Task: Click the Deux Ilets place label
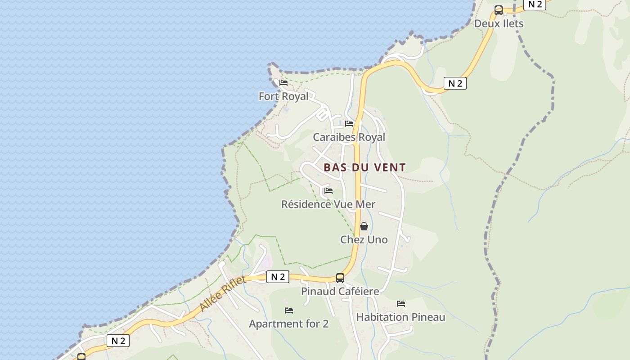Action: (499, 23)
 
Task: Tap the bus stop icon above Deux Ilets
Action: (498, 10)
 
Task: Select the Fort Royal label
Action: (283, 96)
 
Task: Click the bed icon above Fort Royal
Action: (283, 83)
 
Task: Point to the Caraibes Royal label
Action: (349, 137)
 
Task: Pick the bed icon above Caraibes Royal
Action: (349, 124)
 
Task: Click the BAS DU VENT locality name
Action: (364, 167)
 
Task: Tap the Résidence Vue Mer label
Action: (328, 204)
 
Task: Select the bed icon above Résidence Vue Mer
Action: (328, 191)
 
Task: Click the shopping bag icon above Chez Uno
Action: (364, 226)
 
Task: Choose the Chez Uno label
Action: (364, 239)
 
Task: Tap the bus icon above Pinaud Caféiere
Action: (340, 278)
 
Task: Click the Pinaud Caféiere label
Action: (340, 291)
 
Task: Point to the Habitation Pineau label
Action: (400, 317)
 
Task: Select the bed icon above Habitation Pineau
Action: (401, 304)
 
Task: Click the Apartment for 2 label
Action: (288, 324)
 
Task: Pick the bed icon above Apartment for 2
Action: (289, 310)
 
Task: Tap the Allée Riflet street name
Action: (222, 294)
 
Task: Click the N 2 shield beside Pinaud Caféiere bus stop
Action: (278, 277)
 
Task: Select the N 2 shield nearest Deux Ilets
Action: (535, 4)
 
